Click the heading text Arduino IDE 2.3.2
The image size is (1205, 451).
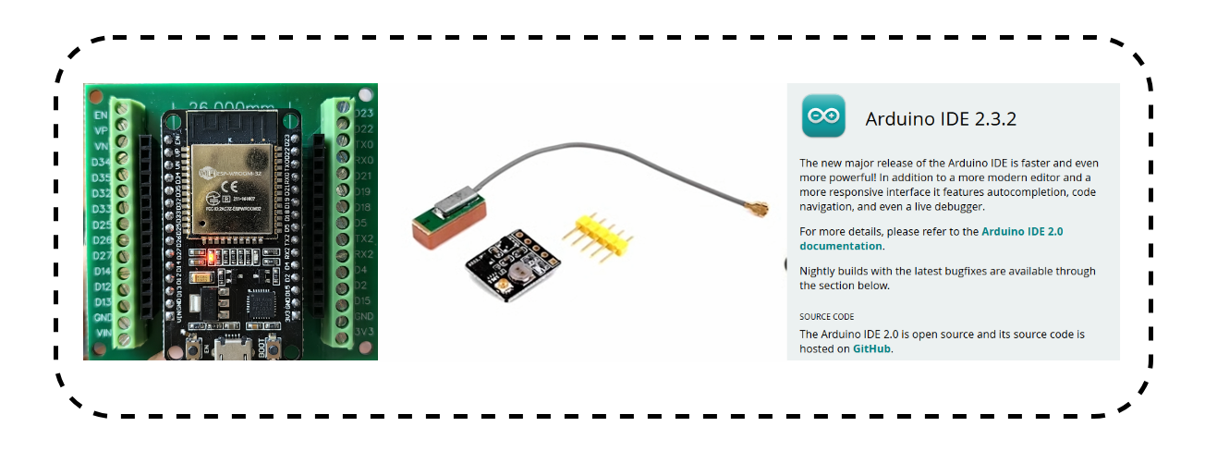(x=941, y=119)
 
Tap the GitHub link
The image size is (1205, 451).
(x=871, y=349)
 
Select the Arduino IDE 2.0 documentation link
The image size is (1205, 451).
(x=931, y=238)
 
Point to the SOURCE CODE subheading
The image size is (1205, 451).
(x=827, y=316)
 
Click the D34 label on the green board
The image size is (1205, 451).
(x=101, y=163)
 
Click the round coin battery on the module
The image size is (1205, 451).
(x=518, y=274)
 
